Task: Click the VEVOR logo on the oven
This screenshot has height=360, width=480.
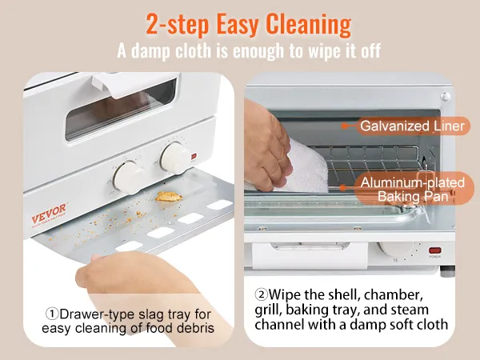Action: pos(49,214)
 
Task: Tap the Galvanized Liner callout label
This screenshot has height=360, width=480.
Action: pos(413,126)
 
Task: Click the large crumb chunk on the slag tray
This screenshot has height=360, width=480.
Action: pos(168,197)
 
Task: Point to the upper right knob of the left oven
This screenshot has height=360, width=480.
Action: pos(174,158)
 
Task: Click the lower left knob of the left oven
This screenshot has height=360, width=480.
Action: pos(129,178)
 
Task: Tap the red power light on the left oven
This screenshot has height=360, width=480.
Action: pos(194,157)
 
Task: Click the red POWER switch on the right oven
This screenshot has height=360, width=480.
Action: pos(434,250)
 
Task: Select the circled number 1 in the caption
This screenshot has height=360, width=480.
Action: pos(52,314)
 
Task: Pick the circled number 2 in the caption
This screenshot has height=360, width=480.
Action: pos(261,294)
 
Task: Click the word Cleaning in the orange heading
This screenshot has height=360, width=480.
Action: pos(308,25)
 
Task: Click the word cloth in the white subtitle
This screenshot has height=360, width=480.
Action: pos(193,51)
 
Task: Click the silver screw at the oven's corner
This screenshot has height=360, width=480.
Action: pos(445,97)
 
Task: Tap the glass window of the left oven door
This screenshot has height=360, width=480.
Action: pos(121,109)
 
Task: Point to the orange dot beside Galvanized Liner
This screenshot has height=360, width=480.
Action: pos(345,126)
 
